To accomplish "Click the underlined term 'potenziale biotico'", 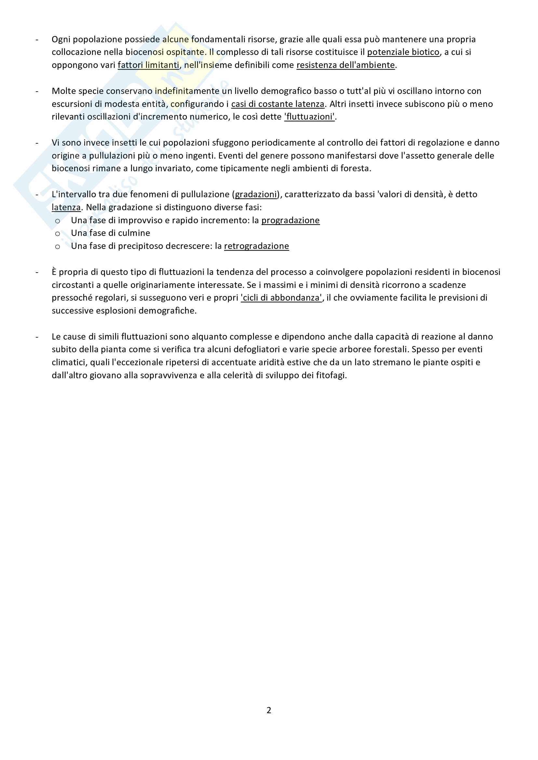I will [403, 52].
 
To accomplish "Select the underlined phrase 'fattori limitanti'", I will [148, 65].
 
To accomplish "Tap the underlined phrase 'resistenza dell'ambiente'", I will [345, 65].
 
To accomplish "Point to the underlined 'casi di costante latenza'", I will [277, 104].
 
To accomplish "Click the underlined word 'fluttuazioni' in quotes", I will [310, 117].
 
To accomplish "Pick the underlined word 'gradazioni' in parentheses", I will [256, 195].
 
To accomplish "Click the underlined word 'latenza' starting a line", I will [66, 208].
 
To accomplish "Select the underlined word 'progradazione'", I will [290, 220].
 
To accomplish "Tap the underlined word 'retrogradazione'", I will [256, 246].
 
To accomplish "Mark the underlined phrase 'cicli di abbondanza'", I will [282, 298].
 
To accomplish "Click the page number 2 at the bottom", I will [269, 710].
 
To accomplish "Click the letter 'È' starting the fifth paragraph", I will [54, 272].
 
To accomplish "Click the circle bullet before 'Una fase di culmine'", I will [58, 234].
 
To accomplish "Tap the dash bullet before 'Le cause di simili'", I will [37, 337].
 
